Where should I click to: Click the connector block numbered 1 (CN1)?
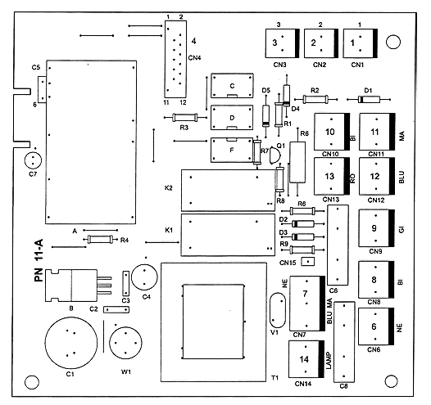(360, 43)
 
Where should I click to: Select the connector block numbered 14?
(306, 359)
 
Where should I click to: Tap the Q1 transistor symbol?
(274, 155)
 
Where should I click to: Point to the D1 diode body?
(369, 99)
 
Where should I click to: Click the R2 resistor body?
(315, 99)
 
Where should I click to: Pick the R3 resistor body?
(184, 118)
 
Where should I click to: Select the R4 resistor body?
(100, 239)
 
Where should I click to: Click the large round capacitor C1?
(71, 343)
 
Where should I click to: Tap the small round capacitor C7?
(33, 160)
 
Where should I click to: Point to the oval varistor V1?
(278, 310)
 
